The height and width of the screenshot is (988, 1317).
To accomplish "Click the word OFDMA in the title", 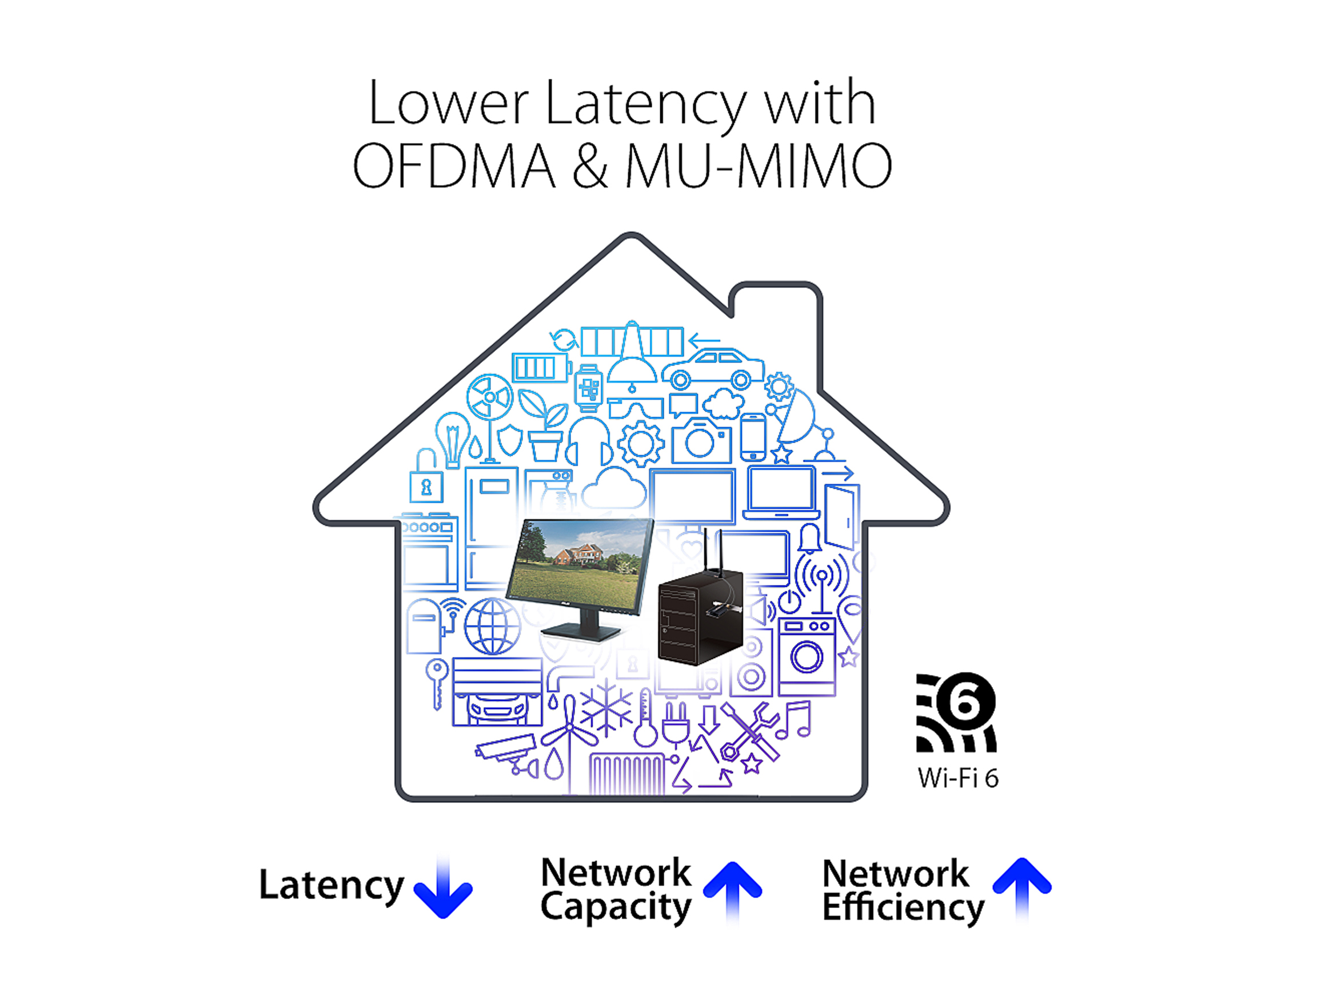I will (454, 166).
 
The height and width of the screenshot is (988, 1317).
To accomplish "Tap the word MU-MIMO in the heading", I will (758, 166).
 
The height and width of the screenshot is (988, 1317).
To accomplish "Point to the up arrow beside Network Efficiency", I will (1021, 887).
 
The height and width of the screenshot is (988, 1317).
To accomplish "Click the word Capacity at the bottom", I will (616, 908).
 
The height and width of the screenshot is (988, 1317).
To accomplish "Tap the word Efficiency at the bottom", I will (903, 908).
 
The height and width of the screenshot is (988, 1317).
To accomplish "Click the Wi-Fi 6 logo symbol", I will (956, 712).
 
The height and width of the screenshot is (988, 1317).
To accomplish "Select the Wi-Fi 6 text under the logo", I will (957, 778).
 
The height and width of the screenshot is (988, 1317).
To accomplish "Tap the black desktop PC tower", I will (700, 616).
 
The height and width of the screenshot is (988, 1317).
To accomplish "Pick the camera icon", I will (701, 441).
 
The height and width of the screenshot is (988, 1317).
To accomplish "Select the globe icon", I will (492, 627).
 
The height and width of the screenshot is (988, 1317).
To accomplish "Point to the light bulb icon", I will (453, 438).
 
